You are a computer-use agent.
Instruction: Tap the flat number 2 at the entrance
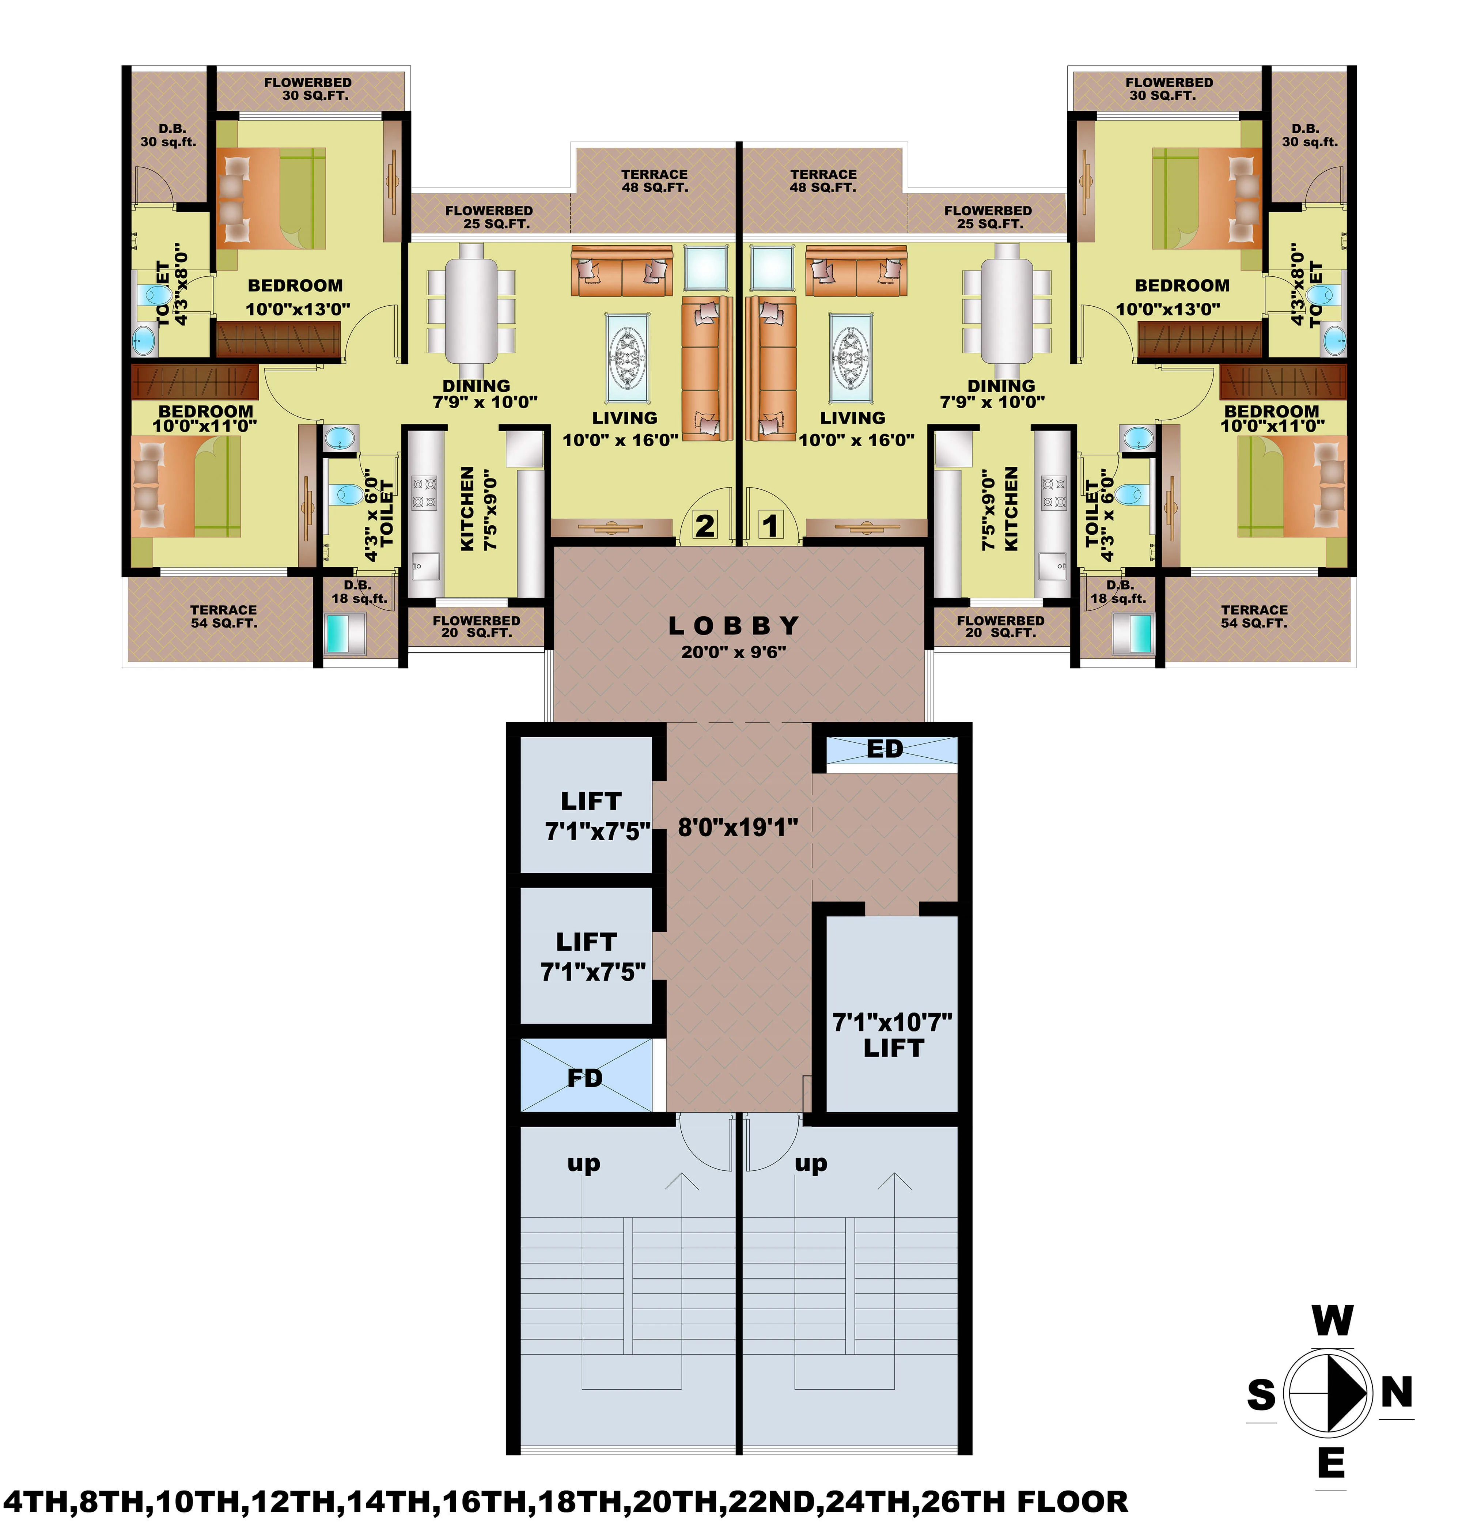(x=704, y=526)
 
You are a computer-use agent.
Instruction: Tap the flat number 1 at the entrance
(x=769, y=526)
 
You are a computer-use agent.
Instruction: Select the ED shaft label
(x=885, y=749)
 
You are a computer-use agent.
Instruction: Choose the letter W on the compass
(x=1332, y=1321)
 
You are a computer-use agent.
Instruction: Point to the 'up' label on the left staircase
(x=583, y=1163)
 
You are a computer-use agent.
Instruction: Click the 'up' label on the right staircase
(x=811, y=1163)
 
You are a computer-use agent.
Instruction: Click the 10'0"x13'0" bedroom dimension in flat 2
(x=298, y=309)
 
